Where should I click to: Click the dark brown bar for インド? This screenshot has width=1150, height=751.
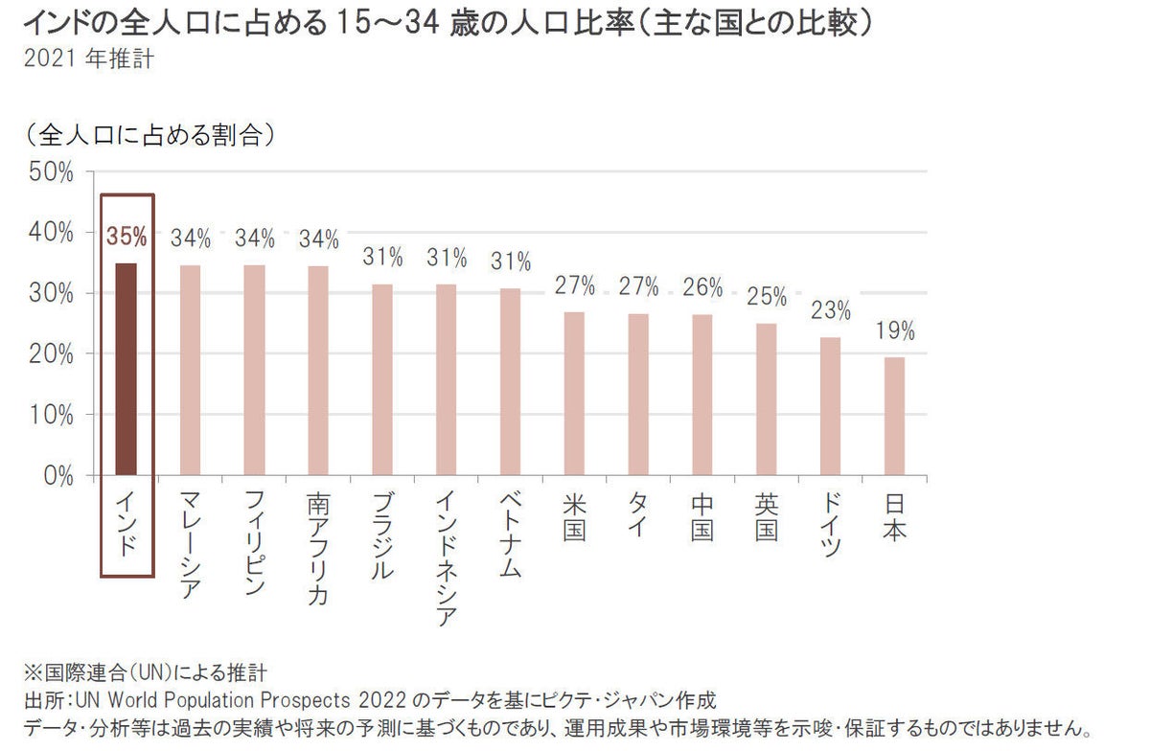(x=126, y=369)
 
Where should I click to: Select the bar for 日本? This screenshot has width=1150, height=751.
(x=893, y=416)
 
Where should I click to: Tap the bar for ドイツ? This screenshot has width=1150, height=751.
(x=830, y=405)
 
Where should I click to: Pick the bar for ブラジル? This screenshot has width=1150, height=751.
(x=382, y=379)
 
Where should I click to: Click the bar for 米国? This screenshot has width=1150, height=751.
(x=574, y=393)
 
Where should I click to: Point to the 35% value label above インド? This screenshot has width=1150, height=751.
(x=126, y=237)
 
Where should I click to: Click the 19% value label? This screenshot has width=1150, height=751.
(x=894, y=332)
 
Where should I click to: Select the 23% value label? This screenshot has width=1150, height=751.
(x=830, y=310)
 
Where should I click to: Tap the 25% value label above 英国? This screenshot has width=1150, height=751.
(x=766, y=296)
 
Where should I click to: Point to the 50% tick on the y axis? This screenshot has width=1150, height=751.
(x=52, y=172)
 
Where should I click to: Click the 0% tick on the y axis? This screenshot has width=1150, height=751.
(x=57, y=475)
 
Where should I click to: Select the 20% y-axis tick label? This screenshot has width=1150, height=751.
(x=52, y=353)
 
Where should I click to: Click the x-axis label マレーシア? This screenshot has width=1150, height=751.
(x=190, y=544)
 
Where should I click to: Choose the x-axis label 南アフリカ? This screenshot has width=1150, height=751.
(x=318, y=548)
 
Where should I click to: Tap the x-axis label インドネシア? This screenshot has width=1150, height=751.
(x=446, y=558)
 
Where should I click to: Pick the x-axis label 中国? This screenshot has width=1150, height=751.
(x=701, y=517)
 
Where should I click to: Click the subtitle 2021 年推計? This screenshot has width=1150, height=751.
(x=85, y=57)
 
